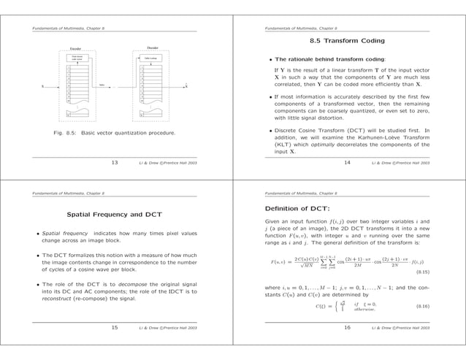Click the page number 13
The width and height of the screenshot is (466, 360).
click(x=115, y=163)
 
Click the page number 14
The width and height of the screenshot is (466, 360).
click(x=347, y=163)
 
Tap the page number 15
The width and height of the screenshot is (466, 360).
click(x=115, y=328)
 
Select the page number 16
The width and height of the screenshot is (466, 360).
click(x=347, y=328)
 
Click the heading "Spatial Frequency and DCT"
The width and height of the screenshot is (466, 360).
click(x=115, y=215)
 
